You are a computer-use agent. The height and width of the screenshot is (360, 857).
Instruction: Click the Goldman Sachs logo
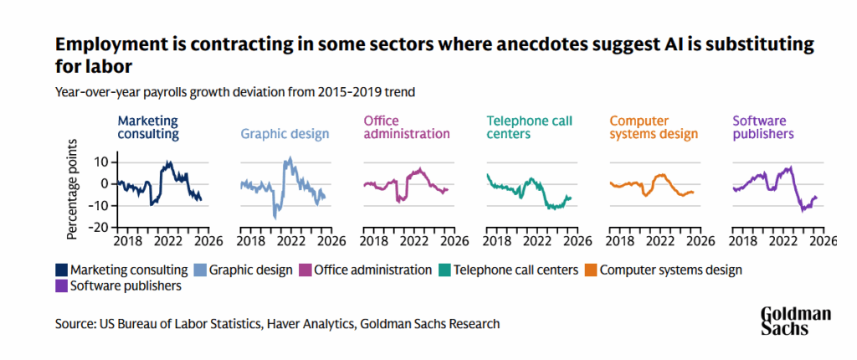coord(795,321)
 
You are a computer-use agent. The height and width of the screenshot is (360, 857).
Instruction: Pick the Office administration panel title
coord(406,126)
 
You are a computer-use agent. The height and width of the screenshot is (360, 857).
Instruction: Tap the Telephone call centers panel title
coord(530,126)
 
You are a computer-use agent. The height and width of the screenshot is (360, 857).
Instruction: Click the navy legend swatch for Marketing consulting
coord(61,270)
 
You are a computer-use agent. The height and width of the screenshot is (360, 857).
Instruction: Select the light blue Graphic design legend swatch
coord(200,270)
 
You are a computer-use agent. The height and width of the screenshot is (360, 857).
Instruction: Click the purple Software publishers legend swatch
coord(61,286)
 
